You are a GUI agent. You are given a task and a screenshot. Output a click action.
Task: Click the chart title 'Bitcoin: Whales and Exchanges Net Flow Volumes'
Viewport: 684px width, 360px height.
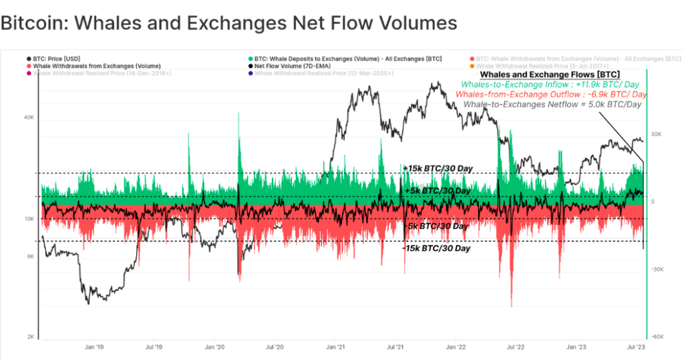(x=228, y=23)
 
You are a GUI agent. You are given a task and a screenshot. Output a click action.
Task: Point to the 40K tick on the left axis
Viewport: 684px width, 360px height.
(x=29, y=118)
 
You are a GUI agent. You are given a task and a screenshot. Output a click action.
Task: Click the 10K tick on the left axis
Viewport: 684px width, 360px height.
(x=29, y=219)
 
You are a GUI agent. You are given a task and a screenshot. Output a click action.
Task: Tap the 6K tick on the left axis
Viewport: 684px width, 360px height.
(x=30, y=256)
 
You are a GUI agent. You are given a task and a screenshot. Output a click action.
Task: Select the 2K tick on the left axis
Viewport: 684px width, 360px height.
(x=30, y=337)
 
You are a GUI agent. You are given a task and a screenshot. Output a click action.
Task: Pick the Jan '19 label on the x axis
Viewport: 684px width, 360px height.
(x=94, y=347)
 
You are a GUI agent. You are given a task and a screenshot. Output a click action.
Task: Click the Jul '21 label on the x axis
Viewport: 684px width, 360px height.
(x=395, y=347)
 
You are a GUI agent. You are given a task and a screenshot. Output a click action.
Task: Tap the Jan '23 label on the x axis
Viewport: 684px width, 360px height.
(x=576, y=347)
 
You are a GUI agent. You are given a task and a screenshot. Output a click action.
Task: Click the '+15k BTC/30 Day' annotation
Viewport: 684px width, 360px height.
(x=438, y=168)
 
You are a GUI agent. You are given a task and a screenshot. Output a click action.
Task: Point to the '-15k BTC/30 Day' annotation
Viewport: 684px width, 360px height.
(x=436, y=248)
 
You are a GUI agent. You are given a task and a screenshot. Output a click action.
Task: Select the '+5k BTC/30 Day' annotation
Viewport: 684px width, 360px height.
(x=438, y=191)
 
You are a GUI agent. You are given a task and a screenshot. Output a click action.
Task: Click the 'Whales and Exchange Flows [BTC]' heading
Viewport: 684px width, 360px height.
(x=550, y=74)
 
